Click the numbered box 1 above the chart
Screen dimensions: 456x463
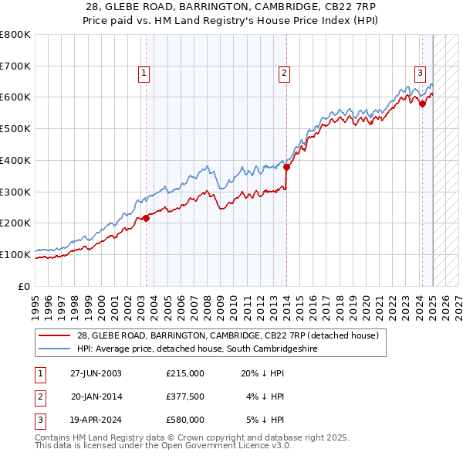[x=144, y=73]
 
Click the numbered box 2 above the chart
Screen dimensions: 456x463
[x=284, y=73]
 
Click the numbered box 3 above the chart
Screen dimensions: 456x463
[x=420, y=73]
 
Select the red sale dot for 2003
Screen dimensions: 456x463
[x=147, y=217]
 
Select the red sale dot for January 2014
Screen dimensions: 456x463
[x=286, y=166]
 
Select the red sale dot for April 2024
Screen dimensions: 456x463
[x=422, y=104]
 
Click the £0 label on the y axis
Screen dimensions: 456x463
[x=25, y=286]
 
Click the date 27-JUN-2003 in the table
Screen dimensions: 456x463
[x=96, y=373]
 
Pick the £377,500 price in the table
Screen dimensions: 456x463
[x=185, y=396]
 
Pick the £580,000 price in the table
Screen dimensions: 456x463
[x=185, y=420]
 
